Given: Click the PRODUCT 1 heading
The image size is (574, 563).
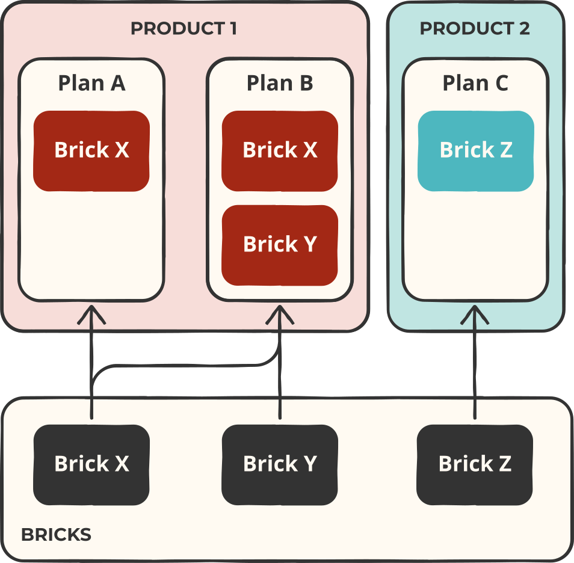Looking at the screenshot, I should (184, 28).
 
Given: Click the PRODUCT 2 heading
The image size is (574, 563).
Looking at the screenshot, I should (475, 28).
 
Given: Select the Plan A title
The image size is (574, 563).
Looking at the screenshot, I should (91, 83).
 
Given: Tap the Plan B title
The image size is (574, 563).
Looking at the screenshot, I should (280, 83).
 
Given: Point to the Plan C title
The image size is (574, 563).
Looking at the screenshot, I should (475, 83).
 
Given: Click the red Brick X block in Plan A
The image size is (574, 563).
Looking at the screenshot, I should (91, 150).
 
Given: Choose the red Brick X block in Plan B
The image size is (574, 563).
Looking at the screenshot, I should (280, 150).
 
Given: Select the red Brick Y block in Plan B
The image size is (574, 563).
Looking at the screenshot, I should (280, 245).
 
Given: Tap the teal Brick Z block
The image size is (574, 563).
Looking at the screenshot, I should (476, 150).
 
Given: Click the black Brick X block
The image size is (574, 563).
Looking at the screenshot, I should (91, 464).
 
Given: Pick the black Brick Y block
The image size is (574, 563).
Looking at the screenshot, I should (280, 464).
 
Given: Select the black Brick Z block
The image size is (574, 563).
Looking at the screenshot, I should (475, 464).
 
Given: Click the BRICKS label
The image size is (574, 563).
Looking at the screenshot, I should (56, 535).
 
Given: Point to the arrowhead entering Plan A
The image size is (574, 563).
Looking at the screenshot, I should (92, 313).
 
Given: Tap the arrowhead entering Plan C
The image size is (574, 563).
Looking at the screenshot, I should (475, 313).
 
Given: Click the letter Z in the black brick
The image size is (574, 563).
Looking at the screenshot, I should (504, 464).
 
